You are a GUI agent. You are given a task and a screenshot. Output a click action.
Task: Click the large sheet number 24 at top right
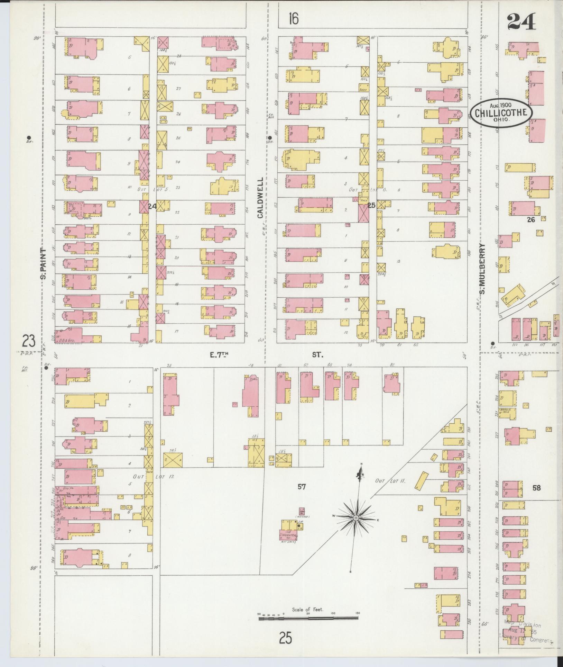pos(522,22)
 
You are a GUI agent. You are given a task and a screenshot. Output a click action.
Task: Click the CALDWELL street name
pos(260,198)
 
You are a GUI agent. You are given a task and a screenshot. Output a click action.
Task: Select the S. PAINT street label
pos(43,263)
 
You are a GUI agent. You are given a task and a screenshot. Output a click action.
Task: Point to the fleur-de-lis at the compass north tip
pos(360,472)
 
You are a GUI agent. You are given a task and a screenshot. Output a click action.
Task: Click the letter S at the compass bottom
pos(350,571)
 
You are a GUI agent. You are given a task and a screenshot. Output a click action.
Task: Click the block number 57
pos(302,487)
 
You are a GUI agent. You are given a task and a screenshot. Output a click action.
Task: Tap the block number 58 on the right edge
pos(536,488)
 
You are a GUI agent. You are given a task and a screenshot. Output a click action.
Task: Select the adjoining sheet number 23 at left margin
pos(29,342)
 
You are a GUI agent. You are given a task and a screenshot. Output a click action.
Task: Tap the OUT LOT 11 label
pos(390,481)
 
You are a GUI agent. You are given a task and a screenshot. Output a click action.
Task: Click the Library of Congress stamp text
pos(526,640)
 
